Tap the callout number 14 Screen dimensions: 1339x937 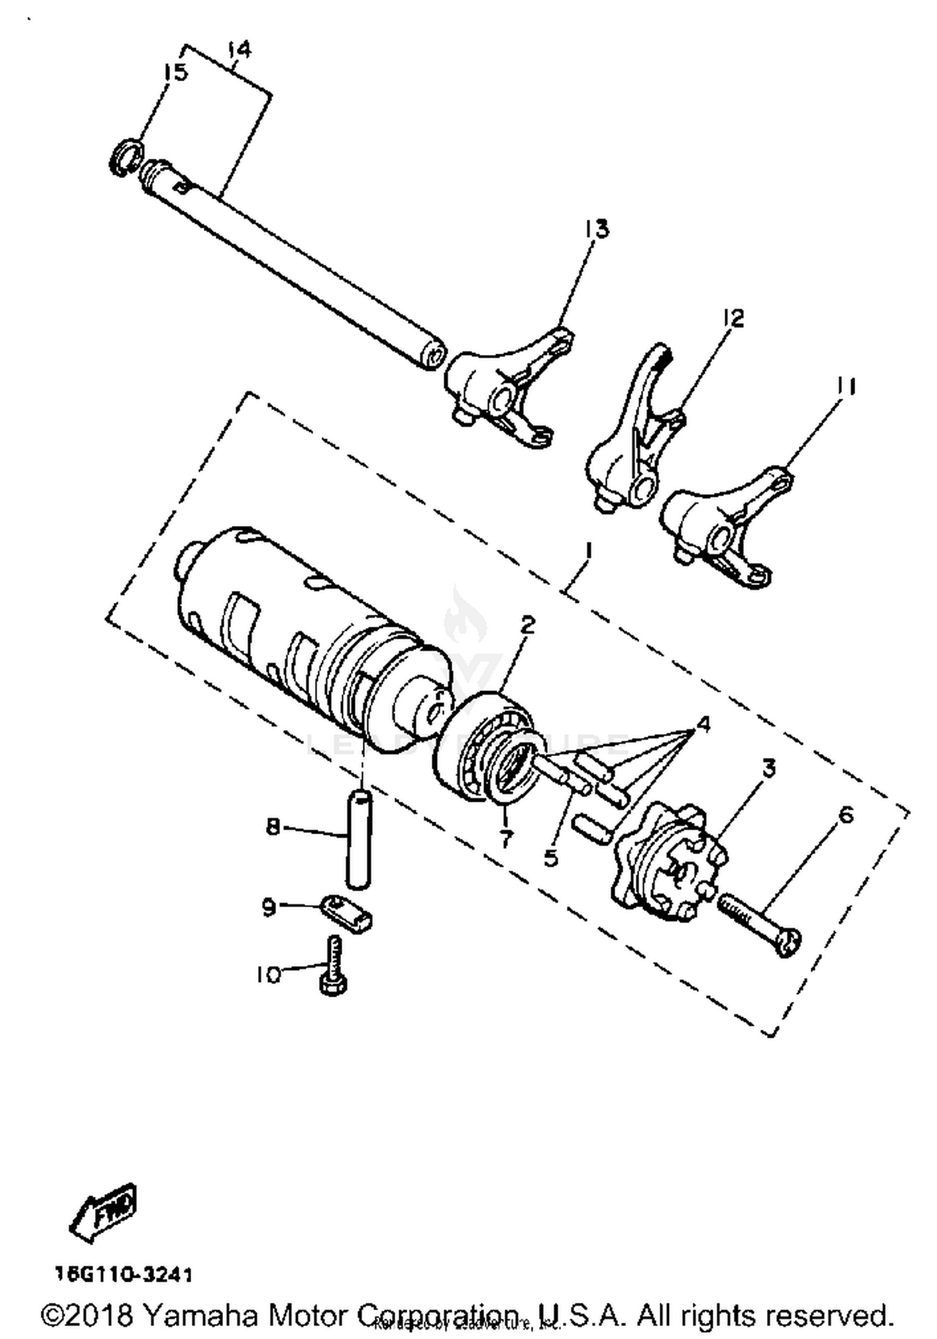pos(239,49)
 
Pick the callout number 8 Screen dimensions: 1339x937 pos(273,827)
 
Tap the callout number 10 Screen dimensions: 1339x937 pos(268,974)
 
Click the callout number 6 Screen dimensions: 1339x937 pos(845,815)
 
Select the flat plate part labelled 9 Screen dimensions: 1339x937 pos(347,913)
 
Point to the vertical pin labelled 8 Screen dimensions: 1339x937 pos(359,839)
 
